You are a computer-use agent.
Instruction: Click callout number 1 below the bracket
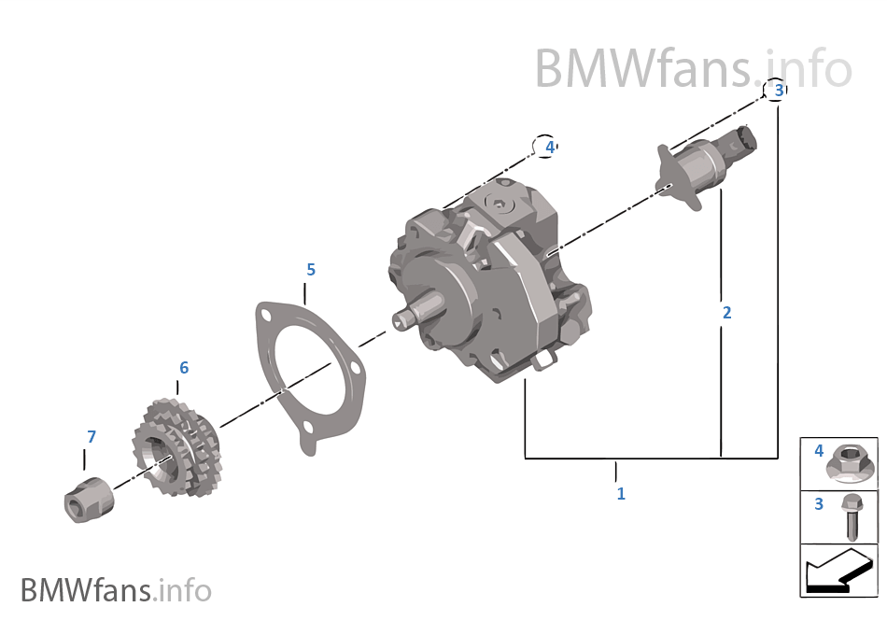click(621, 493)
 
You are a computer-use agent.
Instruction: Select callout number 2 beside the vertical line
click(726, 312)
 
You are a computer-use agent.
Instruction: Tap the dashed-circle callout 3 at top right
click(777, 90)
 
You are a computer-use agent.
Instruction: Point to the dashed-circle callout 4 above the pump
click(549, 147)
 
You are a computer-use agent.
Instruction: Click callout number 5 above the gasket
click(311, 270)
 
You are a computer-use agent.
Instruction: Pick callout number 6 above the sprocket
click(184, 368)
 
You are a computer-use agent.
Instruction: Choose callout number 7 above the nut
click(91, 436)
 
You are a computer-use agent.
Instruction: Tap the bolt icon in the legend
click(850, 515)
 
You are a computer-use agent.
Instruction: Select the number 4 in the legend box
click(819, 452)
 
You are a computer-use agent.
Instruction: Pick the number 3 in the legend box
click(819, 504)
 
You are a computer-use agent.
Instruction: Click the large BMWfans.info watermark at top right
click(693, 68)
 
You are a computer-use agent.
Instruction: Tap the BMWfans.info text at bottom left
click(116, 590)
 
